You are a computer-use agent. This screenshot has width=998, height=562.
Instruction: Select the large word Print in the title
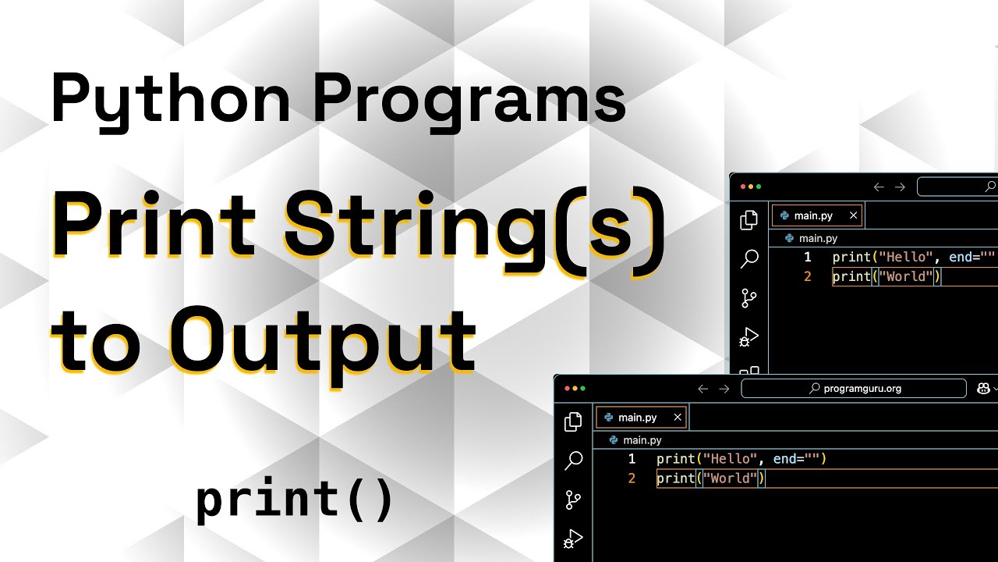pos(154,226)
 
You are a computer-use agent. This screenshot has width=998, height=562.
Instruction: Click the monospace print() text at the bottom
pos(296,500)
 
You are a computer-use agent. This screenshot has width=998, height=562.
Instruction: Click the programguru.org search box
pos(854,388)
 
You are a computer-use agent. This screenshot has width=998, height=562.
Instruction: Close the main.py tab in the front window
pos(678,418)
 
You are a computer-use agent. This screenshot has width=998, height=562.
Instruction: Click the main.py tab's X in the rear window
pos(854,215)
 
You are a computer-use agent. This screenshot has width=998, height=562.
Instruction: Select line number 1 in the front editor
pos(632,459)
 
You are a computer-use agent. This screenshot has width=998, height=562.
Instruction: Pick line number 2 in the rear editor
pos(808,276)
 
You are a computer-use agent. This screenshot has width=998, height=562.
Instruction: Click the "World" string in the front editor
pos(730,478)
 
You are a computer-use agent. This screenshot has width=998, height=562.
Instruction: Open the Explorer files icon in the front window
pos(573,421)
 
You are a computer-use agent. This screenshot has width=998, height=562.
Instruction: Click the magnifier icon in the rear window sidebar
pos(749,259)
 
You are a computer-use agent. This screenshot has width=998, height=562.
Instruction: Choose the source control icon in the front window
pos(573,500)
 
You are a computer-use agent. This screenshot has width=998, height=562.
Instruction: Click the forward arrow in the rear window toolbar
pos(900,187)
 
